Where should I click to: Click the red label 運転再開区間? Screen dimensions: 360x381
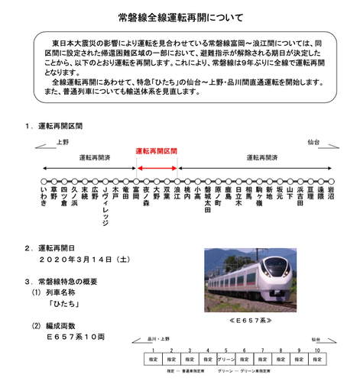[x=156, y=151]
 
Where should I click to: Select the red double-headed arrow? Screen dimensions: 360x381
[x=156, y=168]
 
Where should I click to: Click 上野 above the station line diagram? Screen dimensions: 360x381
[x=63, y=142]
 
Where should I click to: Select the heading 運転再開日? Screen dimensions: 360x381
[x=57, y=248]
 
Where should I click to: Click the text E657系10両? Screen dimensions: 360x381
[x=73, y=335]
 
